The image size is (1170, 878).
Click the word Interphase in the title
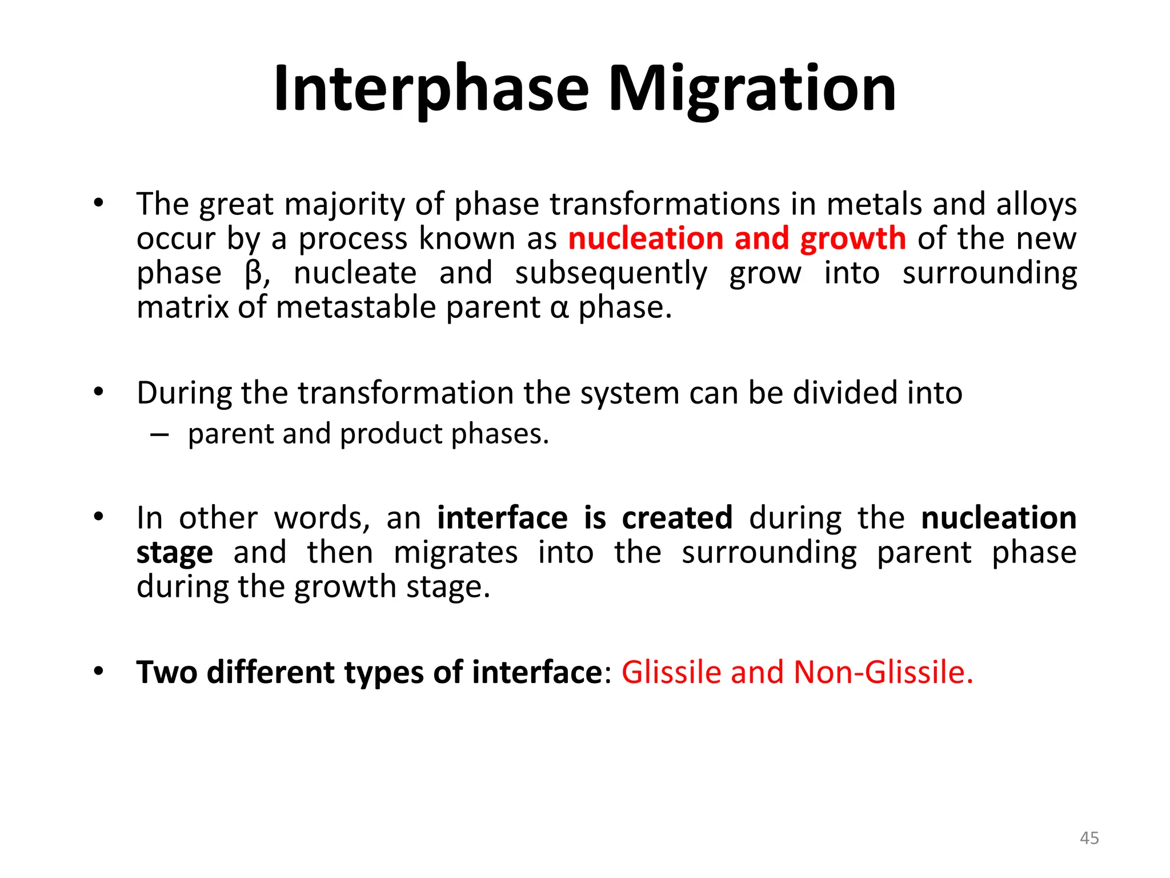(431, 90)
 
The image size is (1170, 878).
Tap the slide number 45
(1089, 838)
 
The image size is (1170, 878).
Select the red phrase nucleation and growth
(737, 238)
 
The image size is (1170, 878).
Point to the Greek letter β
(253, 273)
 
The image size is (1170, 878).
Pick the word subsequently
(611, 273)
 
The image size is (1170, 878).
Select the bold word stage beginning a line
(174, 553)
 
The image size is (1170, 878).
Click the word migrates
(455, 553)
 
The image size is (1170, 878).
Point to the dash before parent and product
(159, 435)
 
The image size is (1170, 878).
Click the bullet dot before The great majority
(99, 203)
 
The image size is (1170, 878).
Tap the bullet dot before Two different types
(99, 672)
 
